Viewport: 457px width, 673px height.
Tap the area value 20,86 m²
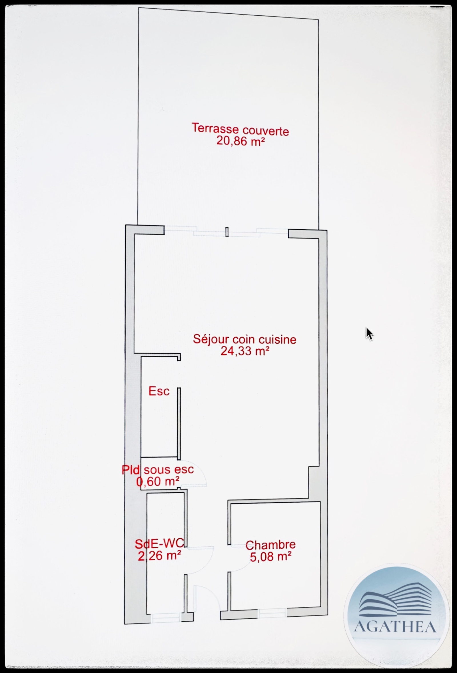(241, 141)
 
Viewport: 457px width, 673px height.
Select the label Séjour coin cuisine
(245, 339)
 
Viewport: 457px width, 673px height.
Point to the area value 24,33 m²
(245, 351)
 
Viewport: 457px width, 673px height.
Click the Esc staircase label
(159, 391)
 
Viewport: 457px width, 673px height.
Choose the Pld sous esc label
(158, 469)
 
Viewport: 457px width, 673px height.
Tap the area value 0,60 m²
(158, 481)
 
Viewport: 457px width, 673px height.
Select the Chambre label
(270, 545)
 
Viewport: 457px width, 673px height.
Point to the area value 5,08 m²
(270, 557)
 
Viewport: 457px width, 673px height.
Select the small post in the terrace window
(227, 232)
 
